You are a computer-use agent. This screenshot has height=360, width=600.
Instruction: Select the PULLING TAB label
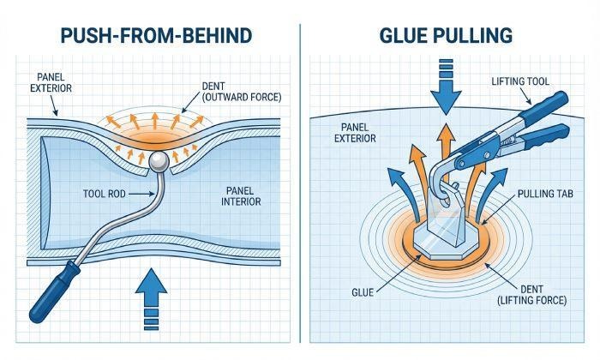pos(537,195)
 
